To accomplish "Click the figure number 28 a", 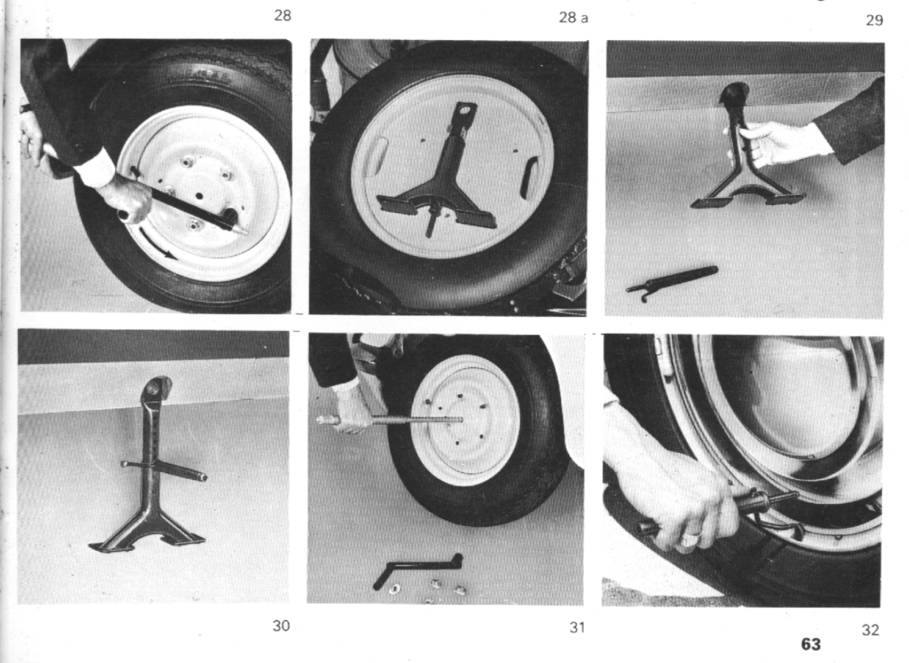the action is coord(574,18).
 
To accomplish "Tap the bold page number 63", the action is coord(811,644).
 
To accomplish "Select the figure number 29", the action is coord(874,20).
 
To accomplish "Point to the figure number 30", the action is coord(281,626).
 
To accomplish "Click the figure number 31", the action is coord(577,627).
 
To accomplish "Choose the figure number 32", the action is coord(870,630).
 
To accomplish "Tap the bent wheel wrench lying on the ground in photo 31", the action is coord(417,569).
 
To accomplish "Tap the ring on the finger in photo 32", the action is coord(691,537).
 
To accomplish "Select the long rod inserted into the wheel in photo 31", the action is coord(390,420).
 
